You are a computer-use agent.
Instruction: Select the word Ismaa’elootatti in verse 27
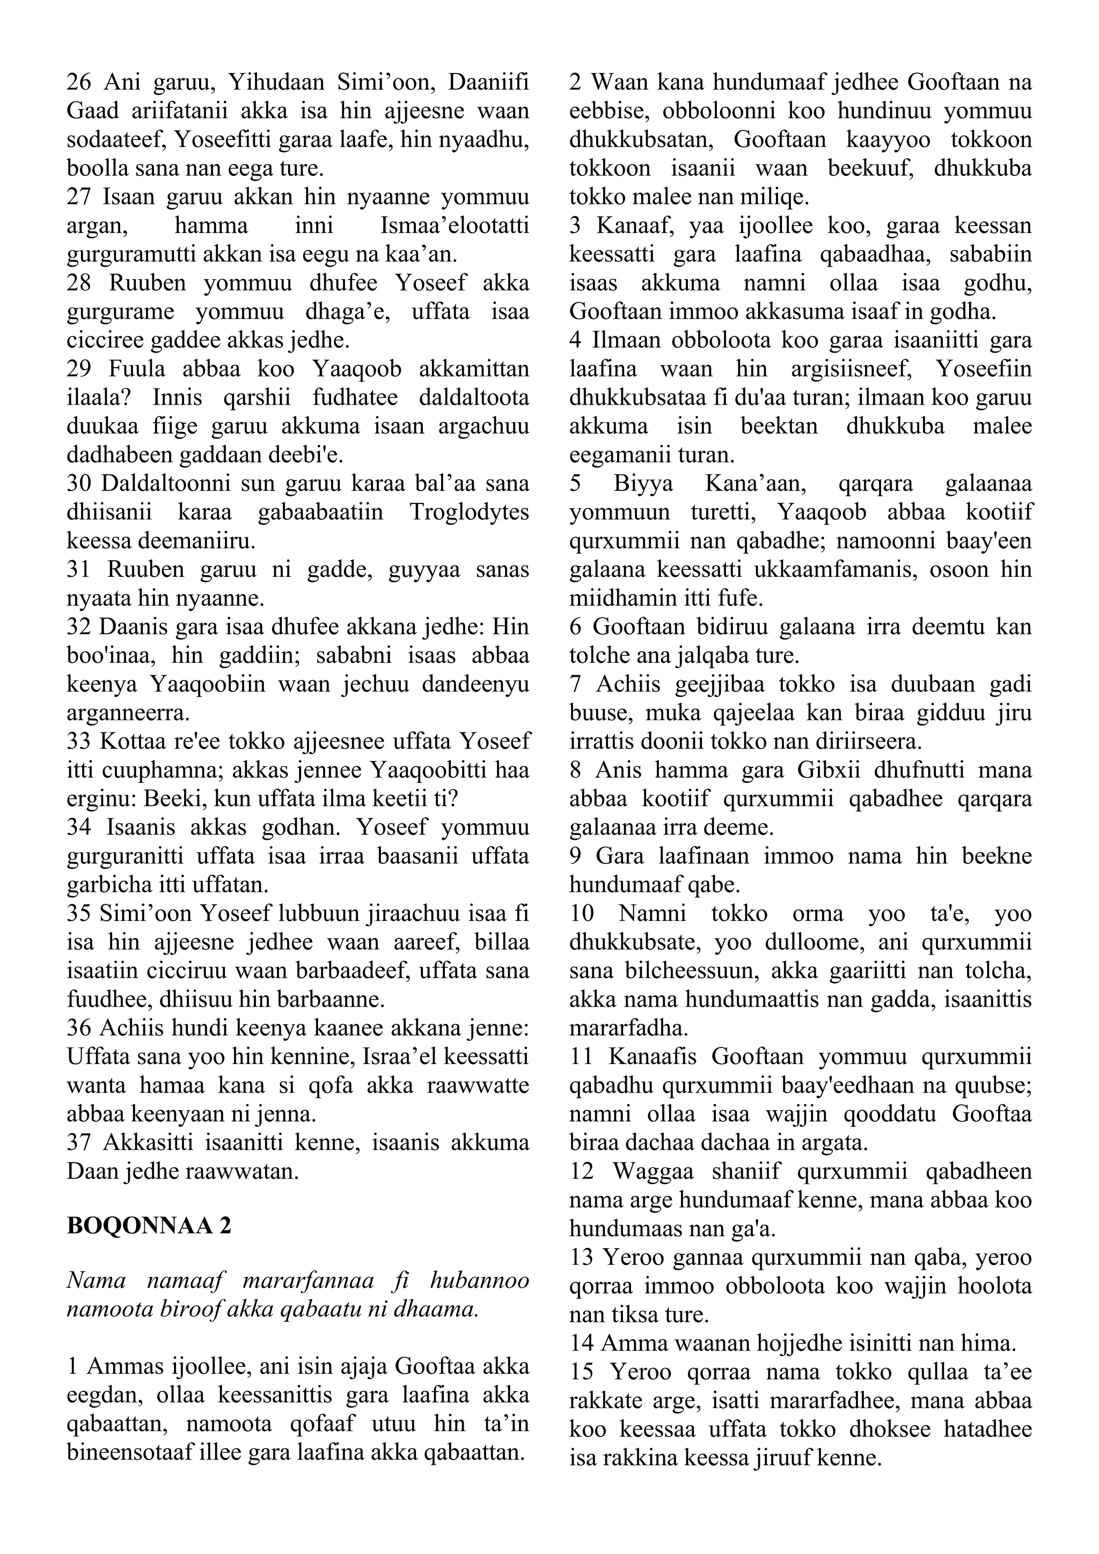[455, 225]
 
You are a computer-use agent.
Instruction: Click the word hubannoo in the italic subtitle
[483, 1281]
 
